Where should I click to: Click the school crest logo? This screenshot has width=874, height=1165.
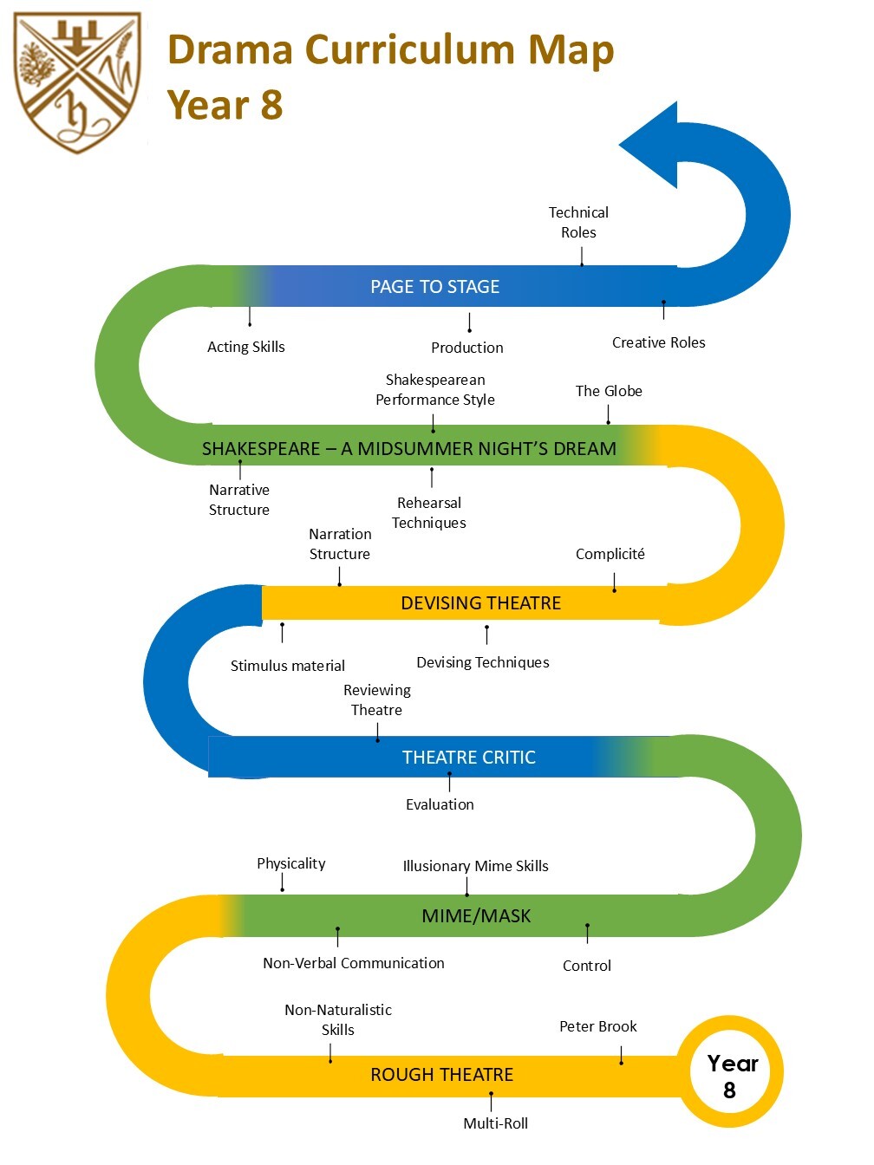tap(77, 83)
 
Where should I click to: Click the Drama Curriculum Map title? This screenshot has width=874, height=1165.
tap(390, 50)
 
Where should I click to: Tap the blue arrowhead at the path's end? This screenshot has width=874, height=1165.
tap(649, 145)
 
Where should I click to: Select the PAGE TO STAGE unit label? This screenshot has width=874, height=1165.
tap(434, 287)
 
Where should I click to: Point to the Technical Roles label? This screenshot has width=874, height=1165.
tap(578, 223)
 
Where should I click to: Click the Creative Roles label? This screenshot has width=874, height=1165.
tap(659, 343)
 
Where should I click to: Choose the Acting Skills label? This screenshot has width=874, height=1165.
tap(245, 347)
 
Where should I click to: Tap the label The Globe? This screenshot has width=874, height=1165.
tap(609, 391)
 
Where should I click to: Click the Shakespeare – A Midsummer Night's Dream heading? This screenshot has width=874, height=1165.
tap(409, 449)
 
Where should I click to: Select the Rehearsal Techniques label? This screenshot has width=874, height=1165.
tap(429, 512)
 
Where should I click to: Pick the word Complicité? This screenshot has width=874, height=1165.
tap(610, 554)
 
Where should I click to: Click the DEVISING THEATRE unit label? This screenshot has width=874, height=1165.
tap(480, 603)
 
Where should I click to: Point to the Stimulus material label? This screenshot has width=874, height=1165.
tap(288, 666)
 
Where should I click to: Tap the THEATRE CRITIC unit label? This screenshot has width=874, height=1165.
tap(468, 758)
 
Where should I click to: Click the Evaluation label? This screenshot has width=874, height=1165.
tap(440, 804)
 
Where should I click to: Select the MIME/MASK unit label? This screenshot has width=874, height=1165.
tap(476, 916)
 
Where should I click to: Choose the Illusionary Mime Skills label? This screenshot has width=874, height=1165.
tap(475, 866)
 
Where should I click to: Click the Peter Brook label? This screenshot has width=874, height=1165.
tap(598, 1026)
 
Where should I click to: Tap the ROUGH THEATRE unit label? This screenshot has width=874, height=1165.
tap(442, 1075)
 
